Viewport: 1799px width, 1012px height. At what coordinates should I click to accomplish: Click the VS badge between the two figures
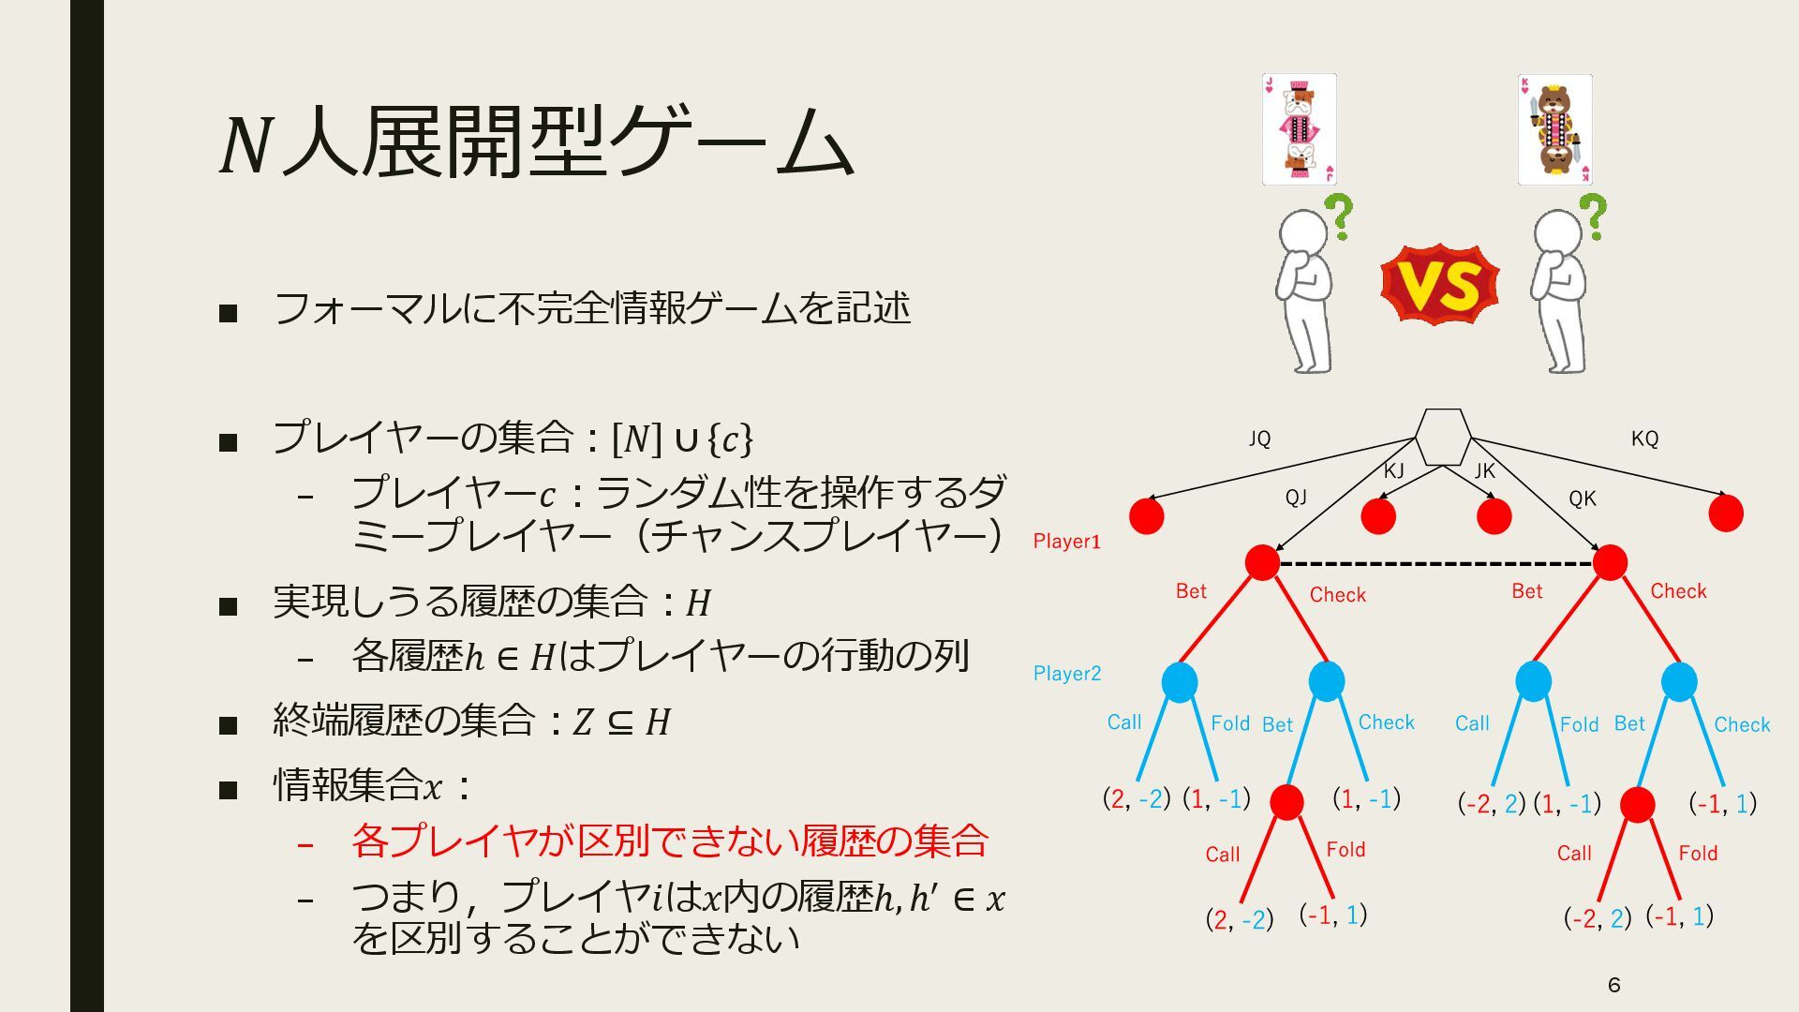click(1439, 285)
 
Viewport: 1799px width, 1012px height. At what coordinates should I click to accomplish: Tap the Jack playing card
click(1299, 129)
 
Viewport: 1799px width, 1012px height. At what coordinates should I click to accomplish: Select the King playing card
click(1554, 129)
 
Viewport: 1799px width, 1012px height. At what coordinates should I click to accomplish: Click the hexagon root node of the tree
click(1442, 438)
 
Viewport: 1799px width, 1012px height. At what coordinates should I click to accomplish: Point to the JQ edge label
click(1259, 439)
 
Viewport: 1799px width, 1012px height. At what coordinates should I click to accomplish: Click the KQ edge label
click(1644, 439)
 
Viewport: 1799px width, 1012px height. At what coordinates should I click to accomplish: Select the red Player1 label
click(1066, 541)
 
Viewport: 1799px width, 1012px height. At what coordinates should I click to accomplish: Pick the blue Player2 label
click(1066, 673)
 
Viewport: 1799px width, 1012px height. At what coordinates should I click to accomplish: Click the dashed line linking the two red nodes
click(1435, 564)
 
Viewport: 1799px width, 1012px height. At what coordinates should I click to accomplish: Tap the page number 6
click(1613, 985)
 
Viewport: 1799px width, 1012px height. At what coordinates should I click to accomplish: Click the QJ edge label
click(1296, 498)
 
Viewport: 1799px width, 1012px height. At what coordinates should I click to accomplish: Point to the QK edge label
click(1582, 499)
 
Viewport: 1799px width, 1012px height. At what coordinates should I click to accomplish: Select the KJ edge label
click(1393, 471)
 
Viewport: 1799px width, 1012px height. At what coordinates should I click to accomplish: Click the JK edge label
click(1484, 471)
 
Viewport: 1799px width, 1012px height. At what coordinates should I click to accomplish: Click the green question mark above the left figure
click(1341, 216)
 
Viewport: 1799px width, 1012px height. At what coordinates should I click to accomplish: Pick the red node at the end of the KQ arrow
click(1726, 513)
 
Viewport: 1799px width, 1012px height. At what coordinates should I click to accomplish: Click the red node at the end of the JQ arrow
click(1147, 515)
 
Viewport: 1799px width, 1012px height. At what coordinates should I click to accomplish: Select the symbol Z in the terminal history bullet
click(583, 722)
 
